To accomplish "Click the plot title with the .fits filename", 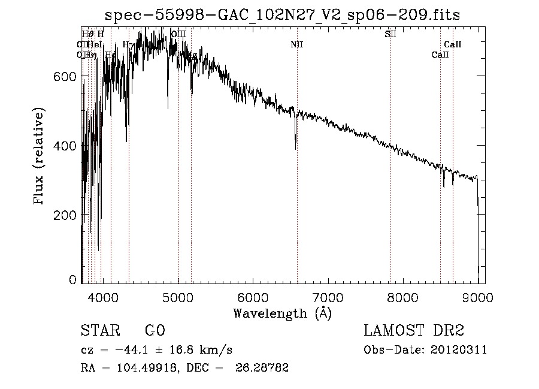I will [x=281, y=16].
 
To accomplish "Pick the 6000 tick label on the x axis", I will [x=253, y=297].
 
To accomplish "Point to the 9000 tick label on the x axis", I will [x=477, y=297].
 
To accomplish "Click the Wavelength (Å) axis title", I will [x=282, y=313].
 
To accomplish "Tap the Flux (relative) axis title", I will [x=40, y=156].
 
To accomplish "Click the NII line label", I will [x=297, y=44].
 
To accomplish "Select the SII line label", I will [x=390, y=34].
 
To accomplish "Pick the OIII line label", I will [x=178, y=34].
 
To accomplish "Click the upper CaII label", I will [x=453, y=44].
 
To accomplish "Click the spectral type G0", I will [x=155, y=331].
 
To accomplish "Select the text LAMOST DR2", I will [x=414, y=331].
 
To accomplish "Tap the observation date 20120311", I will [x=458, y=350].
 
